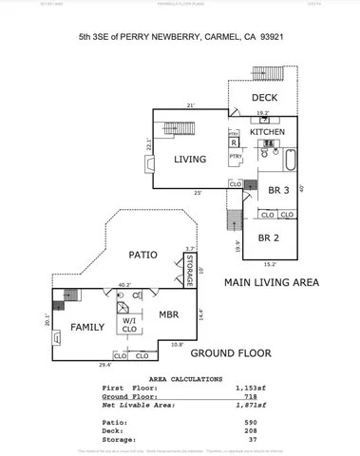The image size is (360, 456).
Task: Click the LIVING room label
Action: coord(190,160)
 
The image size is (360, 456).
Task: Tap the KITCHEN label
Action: coord(267,132)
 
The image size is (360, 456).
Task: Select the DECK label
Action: coord(265,98)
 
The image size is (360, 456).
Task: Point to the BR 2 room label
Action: coord(269,237)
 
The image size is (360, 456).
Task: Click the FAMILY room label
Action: coord(87,327)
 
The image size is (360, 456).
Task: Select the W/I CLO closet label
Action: coord(128,327)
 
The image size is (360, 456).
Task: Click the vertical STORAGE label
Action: coord(190,269)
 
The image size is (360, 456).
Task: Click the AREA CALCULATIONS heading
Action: coord(180,377)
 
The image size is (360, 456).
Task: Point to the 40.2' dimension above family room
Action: coord(123,284)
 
